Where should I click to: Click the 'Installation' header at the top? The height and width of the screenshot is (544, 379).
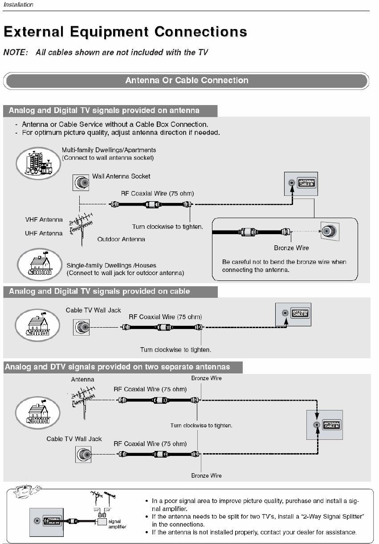click(18, 5)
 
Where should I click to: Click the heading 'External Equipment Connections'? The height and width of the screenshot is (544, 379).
click(125, 32)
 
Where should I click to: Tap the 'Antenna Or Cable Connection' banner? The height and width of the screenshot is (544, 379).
click(187, 81)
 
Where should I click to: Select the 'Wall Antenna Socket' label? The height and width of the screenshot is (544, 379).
click(121, 176)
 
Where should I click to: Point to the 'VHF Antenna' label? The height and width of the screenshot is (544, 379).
click(44, 220)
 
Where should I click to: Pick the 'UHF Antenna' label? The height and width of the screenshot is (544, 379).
click(44, 233)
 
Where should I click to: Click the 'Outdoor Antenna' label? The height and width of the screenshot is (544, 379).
click(121, 239)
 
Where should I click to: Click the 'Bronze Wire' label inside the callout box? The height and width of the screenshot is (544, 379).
click(291, 248)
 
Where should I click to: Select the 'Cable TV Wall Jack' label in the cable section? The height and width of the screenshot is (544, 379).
click(93, 310)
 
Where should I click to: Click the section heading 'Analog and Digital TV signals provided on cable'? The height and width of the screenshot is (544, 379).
click(99, 292)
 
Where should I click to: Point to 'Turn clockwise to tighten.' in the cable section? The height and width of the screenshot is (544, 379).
click(175, 349)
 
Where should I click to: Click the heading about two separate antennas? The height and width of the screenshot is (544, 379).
click(117, 367)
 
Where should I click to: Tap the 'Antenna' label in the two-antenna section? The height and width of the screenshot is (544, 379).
click(82, 380)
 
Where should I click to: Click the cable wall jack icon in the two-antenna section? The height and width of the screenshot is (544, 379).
click(83, 455)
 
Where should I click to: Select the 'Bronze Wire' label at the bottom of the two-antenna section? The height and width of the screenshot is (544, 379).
click(206, 476)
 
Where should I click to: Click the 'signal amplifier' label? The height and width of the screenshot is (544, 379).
click(117, 524)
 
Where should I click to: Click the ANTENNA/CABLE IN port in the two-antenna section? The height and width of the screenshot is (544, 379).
click(317, 425)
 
